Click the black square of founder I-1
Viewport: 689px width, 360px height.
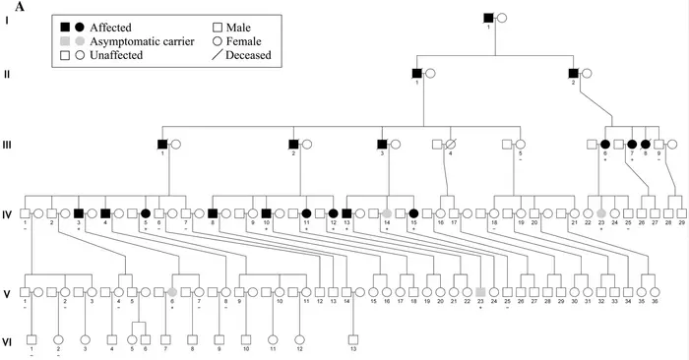[x=488, y=17]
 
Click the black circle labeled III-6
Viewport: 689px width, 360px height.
[x=604, y=144]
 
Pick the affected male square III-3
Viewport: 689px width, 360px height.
[x=381, y=144]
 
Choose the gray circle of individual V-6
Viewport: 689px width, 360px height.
[x=172, y=292]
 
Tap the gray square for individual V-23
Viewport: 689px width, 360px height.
[x=480, y=292]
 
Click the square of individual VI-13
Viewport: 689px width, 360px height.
[x=352, y=339]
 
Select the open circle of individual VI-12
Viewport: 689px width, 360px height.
[x=299, y=339]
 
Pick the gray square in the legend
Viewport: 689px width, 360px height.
[x=64, y=40]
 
